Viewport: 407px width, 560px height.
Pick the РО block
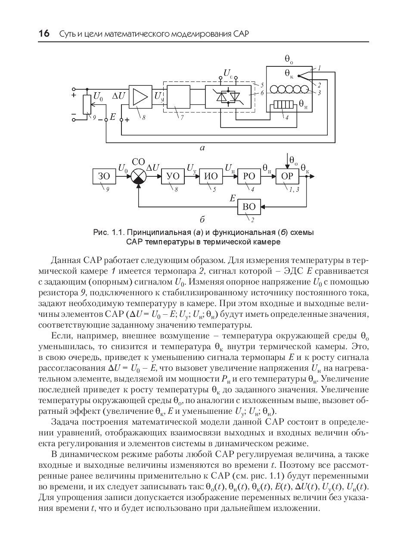pyautogui.click(x=249, y=176)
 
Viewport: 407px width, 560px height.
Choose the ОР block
pyautogui.click(x=287, y=176)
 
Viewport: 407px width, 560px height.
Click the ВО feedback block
pyautogui.click(x=249, y=206)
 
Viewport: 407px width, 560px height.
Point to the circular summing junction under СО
pyautogui.click(x=139, y=176)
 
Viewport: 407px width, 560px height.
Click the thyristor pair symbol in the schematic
pyautogui.click(x=228, y=97)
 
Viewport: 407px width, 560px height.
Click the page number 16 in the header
pyautogui.click(x=44, y=33)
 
